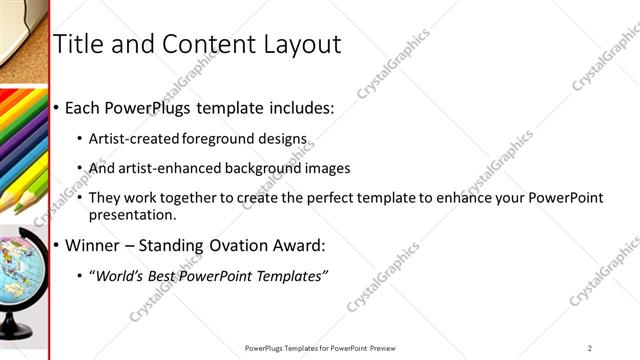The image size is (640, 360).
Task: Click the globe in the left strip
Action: click(x=22, y=264)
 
